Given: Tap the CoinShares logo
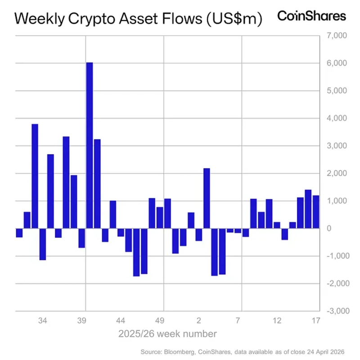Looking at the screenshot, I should point(311,16).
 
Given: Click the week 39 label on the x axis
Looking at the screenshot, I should point(82,320).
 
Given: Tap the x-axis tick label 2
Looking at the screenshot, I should point(199,320).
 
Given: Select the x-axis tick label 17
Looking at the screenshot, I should point(315,320).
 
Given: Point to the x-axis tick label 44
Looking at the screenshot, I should point(121,320).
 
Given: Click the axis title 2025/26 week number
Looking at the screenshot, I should point(167,334).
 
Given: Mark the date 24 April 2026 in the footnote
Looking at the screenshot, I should point(330,351).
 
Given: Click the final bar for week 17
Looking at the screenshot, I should point(316,212).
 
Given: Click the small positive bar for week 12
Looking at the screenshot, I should point(277,225).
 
